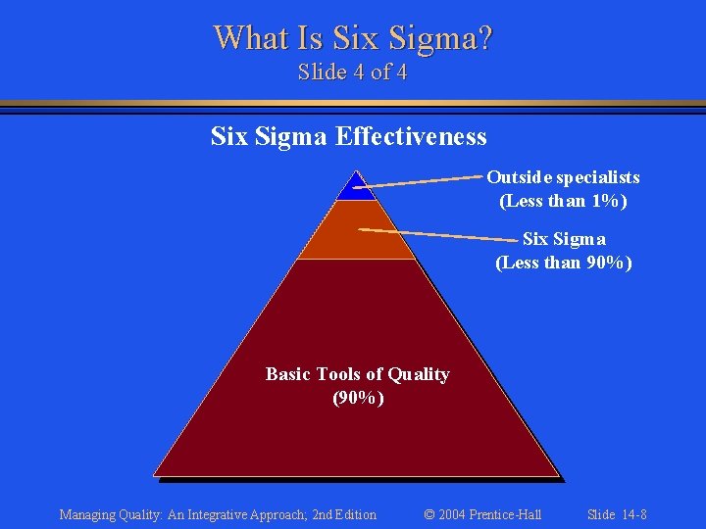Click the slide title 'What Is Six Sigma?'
[353, 38]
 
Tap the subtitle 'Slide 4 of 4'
[353, 72]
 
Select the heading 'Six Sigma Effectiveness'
[348, 136]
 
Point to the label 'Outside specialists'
[563, 177]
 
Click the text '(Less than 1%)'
[563, 201]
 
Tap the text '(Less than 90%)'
[563, 263]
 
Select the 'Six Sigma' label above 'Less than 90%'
[564, 239]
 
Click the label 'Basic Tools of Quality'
[357, 374]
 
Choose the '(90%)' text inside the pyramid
[357, 399]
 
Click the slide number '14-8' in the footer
[631, 514]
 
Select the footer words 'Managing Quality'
[105, 514]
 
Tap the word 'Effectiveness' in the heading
[412, 136]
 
